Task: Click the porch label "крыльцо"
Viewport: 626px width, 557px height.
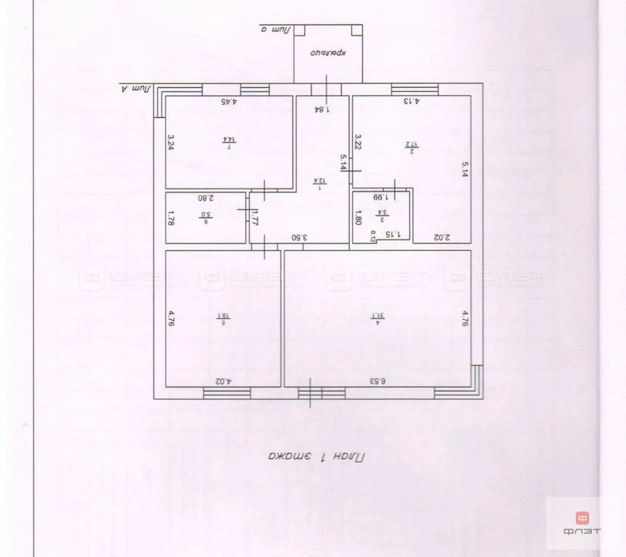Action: tap(327, 52)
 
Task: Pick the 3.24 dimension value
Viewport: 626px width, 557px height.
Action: tap(171, 141)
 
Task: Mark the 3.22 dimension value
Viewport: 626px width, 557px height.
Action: tap(358, 141)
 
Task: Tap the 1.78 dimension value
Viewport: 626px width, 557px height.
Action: tap(171, 217)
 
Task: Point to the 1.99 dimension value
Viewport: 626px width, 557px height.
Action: tap(380, 196)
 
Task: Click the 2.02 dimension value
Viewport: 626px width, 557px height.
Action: tap(442, 236)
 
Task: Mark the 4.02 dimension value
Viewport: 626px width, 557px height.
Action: tap(223, 380)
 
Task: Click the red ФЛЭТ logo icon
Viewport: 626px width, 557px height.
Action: tap(582, 518)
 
